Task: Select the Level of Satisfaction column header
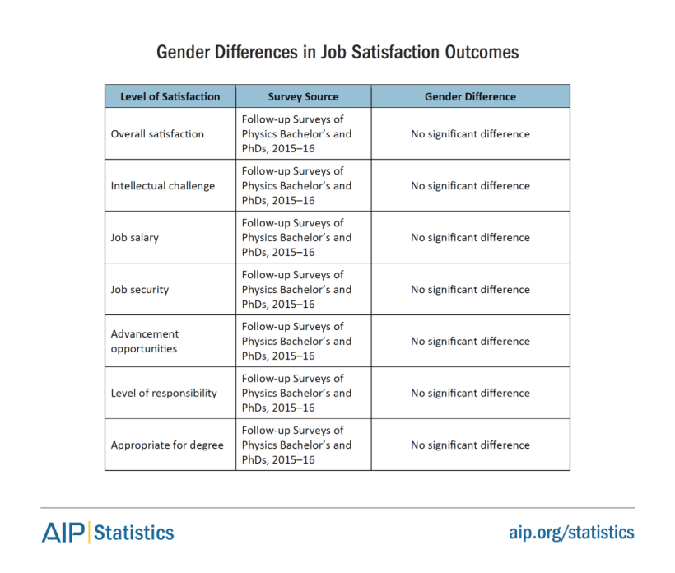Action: pos(170,96)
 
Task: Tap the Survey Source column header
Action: pos(303,96)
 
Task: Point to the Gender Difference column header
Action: pos(470,96)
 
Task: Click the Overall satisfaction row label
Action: pos(157,134)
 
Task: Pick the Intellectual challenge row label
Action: pos(163,186)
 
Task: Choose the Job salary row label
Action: pos(135,238)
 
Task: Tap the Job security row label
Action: pos(140,290)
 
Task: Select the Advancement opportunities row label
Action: pos(145,341)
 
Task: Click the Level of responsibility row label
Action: pos(164,394)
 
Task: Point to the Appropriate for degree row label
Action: pos(167,445)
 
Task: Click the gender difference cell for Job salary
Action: pos(470,238)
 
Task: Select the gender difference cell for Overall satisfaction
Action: pos(470,134)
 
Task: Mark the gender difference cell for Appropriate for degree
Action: pos(470,445)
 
